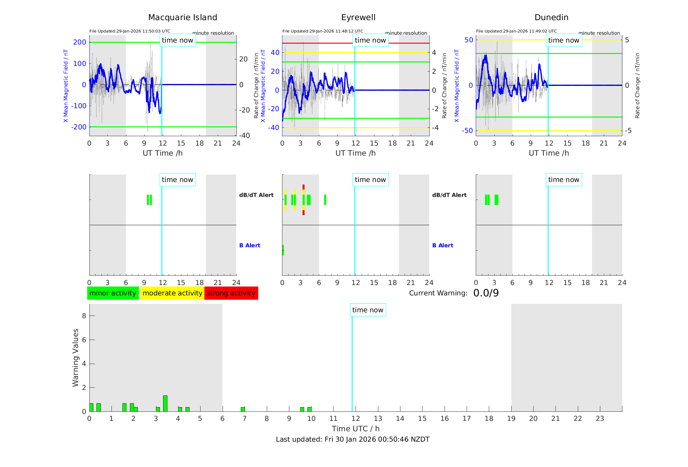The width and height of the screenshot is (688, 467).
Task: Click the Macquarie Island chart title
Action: (x=183, y=18)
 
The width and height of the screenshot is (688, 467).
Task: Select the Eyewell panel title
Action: (x=358, y=18)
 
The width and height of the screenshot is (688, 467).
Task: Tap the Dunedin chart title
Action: (x=551, y=18)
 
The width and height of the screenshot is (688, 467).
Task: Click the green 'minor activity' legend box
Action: (x=113, y=293)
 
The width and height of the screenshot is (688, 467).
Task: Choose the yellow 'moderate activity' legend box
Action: (x=172, y=293)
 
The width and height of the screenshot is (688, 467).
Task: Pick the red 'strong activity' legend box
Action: (x=231, y=293)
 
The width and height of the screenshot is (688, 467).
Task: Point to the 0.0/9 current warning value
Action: (x=486, y=293)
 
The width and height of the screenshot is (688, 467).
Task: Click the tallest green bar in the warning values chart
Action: (x=165, y=403)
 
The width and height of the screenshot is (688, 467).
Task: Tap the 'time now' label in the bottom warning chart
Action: (x=368, y=310)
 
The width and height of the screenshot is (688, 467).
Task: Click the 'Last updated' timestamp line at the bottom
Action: (x=353, y=439)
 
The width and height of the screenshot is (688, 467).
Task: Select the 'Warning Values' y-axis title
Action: (x=75, y=357)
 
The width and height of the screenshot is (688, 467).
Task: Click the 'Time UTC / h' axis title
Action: (x=356, y=429)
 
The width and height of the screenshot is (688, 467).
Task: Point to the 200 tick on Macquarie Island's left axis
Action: (x=80, y=42)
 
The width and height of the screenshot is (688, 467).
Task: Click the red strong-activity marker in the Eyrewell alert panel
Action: (x=304, y=187)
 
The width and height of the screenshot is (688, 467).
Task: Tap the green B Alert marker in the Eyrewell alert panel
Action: (x=283, y=250)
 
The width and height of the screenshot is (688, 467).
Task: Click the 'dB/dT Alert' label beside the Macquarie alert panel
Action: (x=256, y=195)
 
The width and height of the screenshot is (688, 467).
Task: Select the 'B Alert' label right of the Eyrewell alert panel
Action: (x=443, y=245)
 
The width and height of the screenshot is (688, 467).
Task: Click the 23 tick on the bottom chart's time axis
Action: (x=600, y=419)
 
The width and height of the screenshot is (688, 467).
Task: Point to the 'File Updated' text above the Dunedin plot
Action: (x=516, y=31)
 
